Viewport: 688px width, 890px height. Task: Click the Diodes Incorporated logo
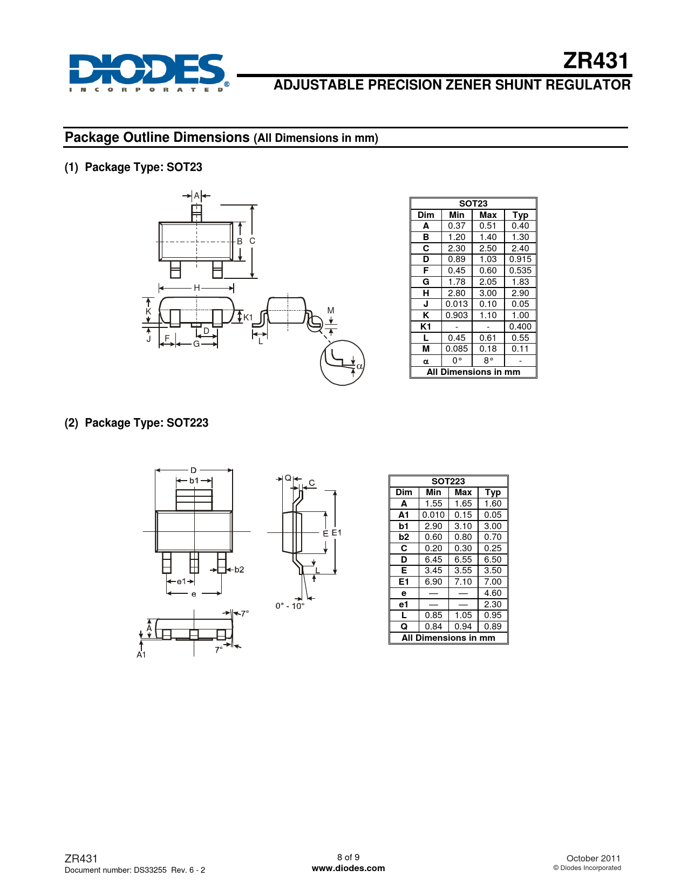149,72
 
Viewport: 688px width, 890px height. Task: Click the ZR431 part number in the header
595,61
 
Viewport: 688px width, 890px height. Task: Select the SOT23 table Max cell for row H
488,293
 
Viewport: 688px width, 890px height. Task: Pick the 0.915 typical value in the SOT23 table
520,259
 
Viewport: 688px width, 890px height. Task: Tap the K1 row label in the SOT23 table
426,326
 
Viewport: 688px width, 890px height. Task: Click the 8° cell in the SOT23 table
488,360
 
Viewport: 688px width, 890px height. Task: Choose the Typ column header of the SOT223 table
493,492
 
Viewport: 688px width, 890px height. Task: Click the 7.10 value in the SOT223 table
463,581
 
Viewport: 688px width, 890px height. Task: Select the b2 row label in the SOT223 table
404,537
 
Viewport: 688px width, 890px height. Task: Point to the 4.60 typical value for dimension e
493,593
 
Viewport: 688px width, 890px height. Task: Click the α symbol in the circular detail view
359,366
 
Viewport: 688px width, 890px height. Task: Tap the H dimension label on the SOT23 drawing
197,288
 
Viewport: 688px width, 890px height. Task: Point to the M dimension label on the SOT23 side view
331,311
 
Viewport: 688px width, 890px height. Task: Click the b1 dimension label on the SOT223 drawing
194,481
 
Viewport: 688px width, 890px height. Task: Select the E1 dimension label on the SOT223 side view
336,532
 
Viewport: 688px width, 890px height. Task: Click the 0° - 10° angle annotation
290,606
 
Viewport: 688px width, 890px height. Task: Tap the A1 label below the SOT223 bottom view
141,654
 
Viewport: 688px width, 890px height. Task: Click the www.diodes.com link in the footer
348,868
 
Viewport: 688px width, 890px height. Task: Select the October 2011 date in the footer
593,858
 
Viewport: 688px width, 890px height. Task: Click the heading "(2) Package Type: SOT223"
137,423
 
